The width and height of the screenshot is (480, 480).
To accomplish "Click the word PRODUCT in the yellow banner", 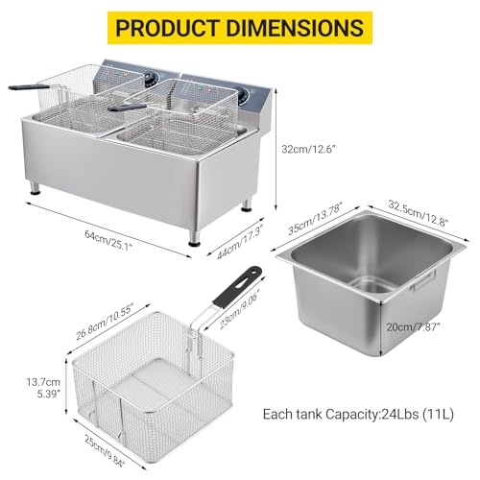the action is (167, 28).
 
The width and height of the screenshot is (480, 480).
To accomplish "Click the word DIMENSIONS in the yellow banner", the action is (295, 28).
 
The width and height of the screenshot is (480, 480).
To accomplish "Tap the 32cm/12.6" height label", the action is (308, 149).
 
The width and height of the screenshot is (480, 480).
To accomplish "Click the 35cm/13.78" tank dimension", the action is (315, 218).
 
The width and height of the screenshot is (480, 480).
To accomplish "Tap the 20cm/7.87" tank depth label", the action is (413, 327).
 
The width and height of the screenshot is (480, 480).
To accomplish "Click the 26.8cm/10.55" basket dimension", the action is (105, 322).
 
